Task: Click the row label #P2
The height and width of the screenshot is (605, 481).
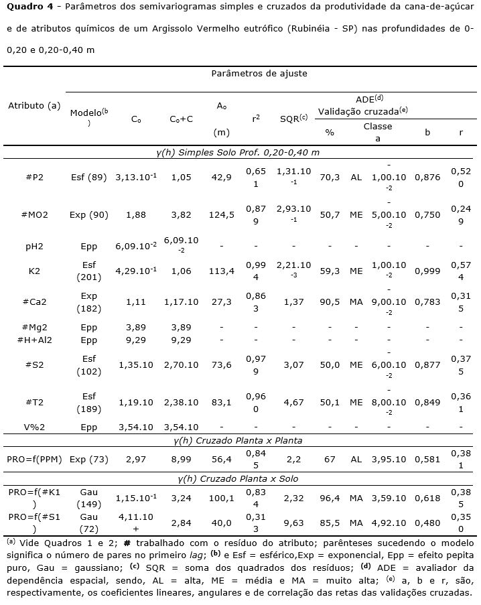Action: (x=35, y=178)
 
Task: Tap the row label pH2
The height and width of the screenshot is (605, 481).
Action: (x=35, y=247)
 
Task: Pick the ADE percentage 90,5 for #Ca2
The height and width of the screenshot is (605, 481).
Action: (x=330, y=302)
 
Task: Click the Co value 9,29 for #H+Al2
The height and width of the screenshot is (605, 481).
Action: (x=135, y=340)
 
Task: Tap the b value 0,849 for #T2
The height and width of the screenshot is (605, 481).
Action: (x=427, y=402)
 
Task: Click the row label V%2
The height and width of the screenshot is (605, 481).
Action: (x=35, y=427)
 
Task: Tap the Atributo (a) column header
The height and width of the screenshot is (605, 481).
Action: (x=34, y=106)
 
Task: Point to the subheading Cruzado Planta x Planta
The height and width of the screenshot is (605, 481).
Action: (x=240, y=440)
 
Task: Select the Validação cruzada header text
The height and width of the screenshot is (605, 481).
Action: (x=362, y=111)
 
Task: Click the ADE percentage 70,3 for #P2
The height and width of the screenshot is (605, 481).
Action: (x=330, y=178)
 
